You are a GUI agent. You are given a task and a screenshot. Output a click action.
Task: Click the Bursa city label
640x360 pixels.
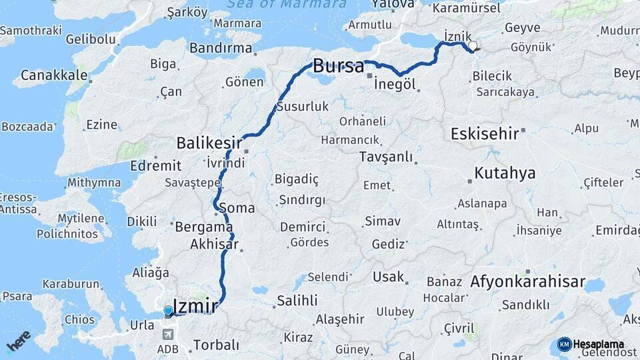339,66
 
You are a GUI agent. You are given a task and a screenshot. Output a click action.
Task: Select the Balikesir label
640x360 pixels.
207,142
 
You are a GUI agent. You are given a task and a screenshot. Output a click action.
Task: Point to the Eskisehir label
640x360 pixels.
485,133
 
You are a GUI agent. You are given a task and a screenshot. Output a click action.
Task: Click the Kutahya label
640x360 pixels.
505,173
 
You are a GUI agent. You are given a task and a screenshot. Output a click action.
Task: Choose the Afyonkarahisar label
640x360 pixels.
528,281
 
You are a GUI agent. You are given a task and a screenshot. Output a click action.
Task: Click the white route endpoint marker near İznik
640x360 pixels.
473,46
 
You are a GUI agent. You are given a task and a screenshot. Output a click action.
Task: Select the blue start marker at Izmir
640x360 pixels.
168,310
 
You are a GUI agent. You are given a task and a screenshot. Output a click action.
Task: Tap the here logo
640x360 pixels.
18,341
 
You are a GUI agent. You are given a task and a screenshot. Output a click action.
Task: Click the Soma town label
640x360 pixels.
237,207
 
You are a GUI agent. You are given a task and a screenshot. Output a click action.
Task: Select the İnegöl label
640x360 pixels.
395,85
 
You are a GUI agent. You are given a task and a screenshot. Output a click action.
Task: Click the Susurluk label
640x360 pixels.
303,107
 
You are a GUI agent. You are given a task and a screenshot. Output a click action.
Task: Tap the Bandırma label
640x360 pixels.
221,48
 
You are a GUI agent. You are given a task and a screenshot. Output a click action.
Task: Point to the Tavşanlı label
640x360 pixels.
385,157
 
